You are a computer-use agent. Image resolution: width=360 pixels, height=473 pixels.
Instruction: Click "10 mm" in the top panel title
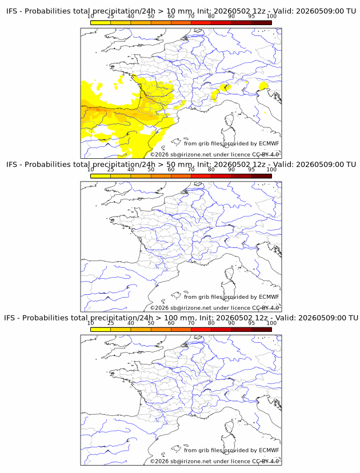coord(179,11)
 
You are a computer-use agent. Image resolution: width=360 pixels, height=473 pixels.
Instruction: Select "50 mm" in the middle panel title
coord(179,165)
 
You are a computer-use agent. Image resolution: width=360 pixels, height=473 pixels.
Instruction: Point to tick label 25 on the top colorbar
coord(110,16)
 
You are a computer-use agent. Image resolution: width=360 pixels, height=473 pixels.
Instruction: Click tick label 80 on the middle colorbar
coord(211,169)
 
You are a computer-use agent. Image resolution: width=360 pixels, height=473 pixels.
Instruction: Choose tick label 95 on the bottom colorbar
coord(251,323)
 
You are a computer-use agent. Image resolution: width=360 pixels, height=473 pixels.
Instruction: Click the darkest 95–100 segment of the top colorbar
coord(262,23)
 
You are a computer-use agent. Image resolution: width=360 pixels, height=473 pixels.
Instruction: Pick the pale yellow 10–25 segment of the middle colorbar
coord(101,176)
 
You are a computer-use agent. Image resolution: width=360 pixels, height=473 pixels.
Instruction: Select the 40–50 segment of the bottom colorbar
coord(141,330)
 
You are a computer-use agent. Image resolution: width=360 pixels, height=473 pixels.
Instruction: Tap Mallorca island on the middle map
coord(176,295)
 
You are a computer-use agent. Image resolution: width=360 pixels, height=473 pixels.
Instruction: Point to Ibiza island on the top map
coord(163,148)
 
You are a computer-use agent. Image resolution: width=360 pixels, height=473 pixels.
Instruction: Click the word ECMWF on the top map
coord(269,143)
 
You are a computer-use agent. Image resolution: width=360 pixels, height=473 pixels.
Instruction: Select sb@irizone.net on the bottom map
coord(191,461)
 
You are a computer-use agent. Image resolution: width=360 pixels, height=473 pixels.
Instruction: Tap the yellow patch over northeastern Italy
coord(263,86)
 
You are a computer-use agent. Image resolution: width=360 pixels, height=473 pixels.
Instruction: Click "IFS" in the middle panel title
coord(11,165)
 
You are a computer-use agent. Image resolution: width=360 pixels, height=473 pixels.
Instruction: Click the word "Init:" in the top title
coord(204,11)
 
